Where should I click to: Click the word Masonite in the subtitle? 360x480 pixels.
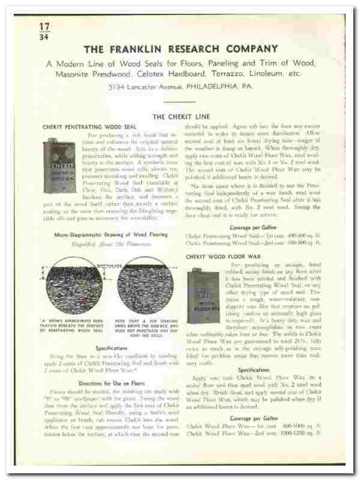click(73, 74)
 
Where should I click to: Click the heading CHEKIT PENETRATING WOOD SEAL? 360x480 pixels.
click(89, 127)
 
